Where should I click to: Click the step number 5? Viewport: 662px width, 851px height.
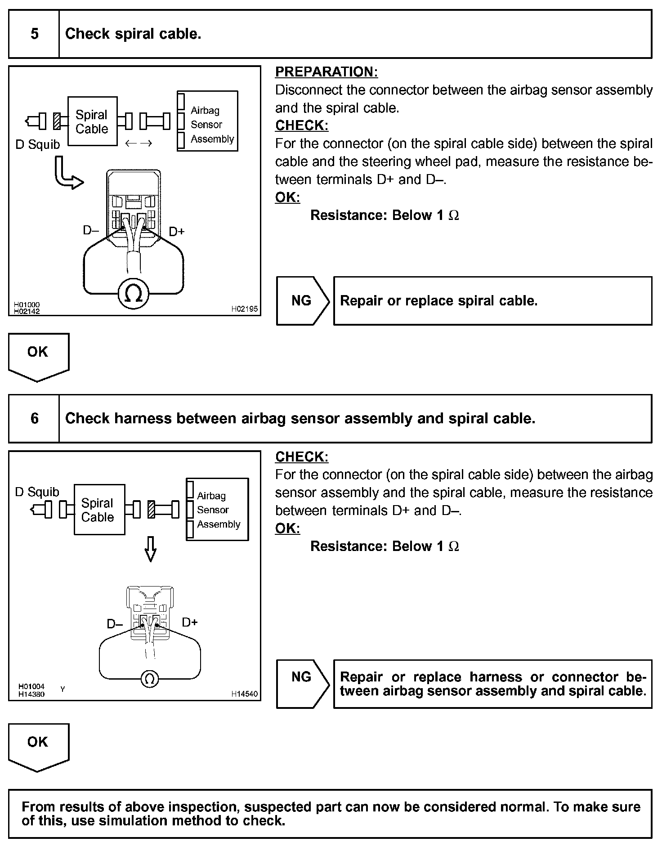pos(35,34)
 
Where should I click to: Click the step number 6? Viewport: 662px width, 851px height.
pos(35,419)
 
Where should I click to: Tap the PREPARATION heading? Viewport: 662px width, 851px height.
pos(326,72)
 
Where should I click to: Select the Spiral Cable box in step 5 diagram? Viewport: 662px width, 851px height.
pos(92,121)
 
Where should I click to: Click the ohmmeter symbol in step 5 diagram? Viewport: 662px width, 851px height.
pos(133,294)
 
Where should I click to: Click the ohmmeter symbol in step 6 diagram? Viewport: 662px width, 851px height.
pos(150,679)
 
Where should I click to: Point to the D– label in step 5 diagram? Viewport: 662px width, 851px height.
pos(90,231)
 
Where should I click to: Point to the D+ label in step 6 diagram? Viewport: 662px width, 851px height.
pos(190,623)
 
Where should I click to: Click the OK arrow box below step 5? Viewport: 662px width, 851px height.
pos(38,355)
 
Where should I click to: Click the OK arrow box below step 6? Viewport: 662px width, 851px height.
pos(38,745)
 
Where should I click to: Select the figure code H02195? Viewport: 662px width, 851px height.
pos(245,309)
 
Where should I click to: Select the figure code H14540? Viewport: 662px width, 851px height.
pos(245,694)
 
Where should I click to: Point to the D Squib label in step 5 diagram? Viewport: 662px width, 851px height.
pos(37,145)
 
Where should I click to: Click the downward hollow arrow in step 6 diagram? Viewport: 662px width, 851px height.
pos(151,549)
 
